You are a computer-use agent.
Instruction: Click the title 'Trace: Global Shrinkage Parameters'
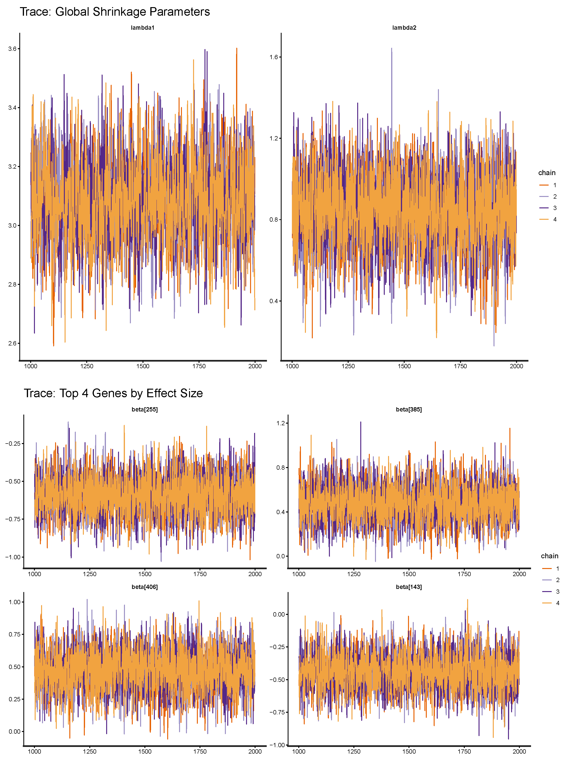point(114,12)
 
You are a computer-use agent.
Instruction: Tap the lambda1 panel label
point(143,28)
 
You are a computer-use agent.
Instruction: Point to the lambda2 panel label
point(404,28)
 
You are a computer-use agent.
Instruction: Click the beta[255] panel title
point(144,409)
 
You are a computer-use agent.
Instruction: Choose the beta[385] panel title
point(409,409)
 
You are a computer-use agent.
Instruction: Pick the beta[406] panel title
point(144,587)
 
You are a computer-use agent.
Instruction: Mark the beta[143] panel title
point(409,587)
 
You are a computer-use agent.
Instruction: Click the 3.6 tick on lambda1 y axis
point(12,49)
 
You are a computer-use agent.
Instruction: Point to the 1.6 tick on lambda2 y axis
point(274,57)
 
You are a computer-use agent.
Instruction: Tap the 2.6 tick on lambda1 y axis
point(12,343)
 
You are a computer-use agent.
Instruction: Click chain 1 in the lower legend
point(557,569)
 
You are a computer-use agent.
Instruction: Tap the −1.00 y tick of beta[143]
point(277,745)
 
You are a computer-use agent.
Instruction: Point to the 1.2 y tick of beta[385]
point(280,423)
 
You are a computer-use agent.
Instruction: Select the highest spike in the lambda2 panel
point(392,48)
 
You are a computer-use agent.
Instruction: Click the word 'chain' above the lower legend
point(549,556)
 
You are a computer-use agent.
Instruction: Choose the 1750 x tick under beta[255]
point(200,574)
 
